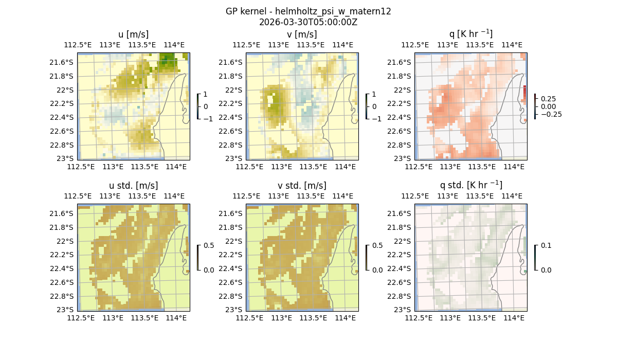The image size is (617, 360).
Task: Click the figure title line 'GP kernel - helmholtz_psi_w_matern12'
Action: (x=308, y=11)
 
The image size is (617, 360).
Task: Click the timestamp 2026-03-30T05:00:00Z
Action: (x=308, y=22)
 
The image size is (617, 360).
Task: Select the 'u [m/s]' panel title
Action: (x=134, y=34)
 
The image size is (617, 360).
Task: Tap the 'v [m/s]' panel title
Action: (x=302, y=34)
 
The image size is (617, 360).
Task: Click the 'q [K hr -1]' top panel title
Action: (x=470, y=34)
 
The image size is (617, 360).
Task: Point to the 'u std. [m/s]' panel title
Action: (x=134, y=186)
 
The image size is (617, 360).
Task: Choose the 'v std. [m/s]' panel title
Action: (x=302, y=186)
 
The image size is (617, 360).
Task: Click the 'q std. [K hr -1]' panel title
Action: (x=470, y=185)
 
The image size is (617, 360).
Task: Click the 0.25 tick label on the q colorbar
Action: (x=548, y=99)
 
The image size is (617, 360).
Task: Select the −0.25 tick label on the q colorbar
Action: (x=551, y=114)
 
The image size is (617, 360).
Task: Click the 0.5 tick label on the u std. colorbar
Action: (x=209, y=246)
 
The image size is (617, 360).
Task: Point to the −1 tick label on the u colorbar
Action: (x=208, y=119)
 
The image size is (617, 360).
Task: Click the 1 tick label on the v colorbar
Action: (x=374, y=95)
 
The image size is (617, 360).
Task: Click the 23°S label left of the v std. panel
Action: (x=233, y=310)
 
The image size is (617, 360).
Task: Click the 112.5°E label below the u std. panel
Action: (x=81, y=318)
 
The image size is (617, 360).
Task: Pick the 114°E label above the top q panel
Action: (x=513, y=45)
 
